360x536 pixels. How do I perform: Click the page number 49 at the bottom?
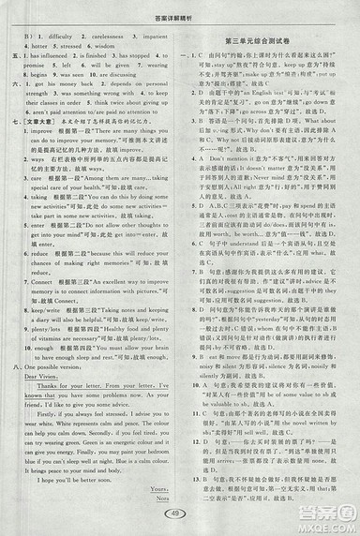179,513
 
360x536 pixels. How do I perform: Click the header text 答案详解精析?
180,7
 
